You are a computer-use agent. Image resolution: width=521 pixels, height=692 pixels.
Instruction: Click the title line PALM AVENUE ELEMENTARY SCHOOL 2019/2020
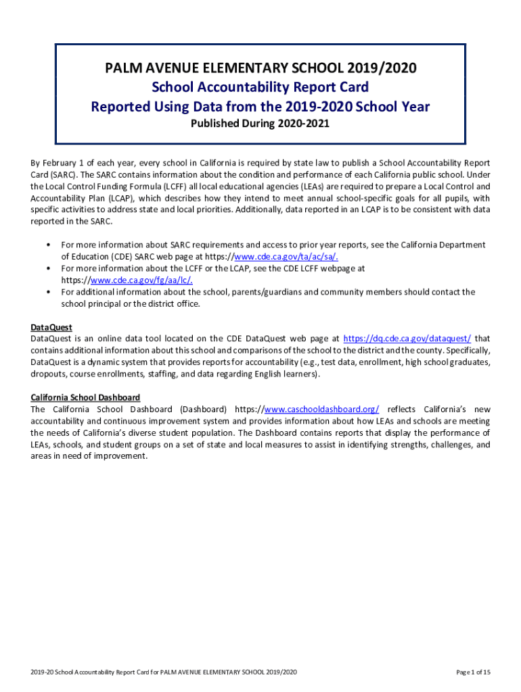click(x=260, y=68)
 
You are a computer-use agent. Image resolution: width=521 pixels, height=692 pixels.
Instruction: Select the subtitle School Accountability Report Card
click(x=260, y=87)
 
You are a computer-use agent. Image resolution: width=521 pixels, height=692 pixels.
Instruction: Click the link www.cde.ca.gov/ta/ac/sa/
click(x=286, y=257)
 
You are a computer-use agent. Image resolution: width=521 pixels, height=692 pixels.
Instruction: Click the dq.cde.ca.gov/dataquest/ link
click(x=407, y=339)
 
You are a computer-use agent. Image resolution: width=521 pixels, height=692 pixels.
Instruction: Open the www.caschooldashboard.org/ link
click(x=321, y=410)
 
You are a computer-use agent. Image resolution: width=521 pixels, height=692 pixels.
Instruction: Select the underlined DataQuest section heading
click(x=51, y=327)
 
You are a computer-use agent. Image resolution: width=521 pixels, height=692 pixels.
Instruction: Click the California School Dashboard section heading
click(x=85, y=397)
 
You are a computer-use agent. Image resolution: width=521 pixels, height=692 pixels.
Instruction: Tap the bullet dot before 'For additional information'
click(x=49, y=292)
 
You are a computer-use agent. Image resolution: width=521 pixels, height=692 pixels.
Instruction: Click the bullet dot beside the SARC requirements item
click(x=49, y=245)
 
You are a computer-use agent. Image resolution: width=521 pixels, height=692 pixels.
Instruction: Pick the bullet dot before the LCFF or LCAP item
click(x=49, y=268)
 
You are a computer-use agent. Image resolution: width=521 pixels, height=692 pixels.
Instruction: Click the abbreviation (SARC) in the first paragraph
click(x=47, y=174)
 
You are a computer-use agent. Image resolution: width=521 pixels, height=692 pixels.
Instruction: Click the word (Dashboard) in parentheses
click(x=204, y=410)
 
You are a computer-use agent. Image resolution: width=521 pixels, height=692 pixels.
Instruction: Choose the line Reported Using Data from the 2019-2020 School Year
click(x=260, y=107)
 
